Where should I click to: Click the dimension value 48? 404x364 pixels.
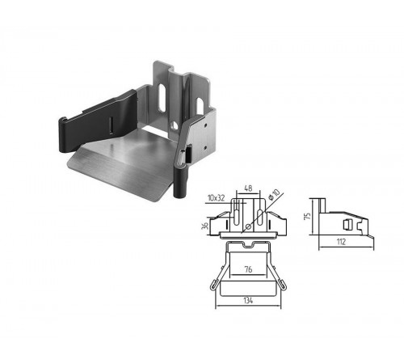[x=248, y=188]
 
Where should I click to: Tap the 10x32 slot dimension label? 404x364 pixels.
[x=217, y=198]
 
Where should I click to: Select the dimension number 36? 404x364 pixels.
[x=205, y=226]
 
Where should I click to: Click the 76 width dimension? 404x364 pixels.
[x=248, y=269]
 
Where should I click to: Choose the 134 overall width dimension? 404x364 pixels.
[x=248, y=300]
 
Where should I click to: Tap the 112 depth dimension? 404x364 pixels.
[x=341, y=242]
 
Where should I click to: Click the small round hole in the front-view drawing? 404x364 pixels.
[x=249, y=226]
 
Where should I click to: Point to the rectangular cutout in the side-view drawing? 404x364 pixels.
[x=347, y=224]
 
